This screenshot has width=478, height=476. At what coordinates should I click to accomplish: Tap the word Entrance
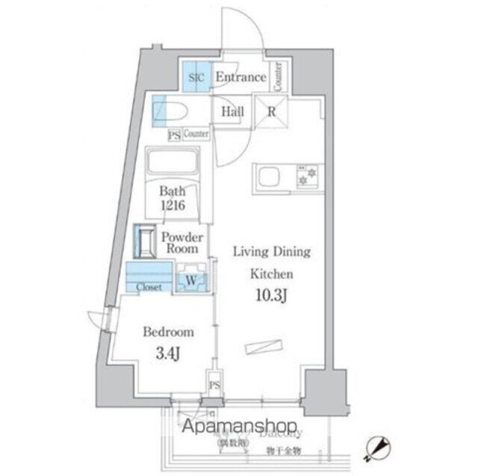240,77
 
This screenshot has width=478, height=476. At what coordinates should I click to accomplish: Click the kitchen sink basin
267,178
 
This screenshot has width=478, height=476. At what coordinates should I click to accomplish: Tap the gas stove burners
307,176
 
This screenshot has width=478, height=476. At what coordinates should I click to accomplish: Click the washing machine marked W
190,280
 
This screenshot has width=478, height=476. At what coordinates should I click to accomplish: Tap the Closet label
149,286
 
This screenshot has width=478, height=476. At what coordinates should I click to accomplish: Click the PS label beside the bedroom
215,386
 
